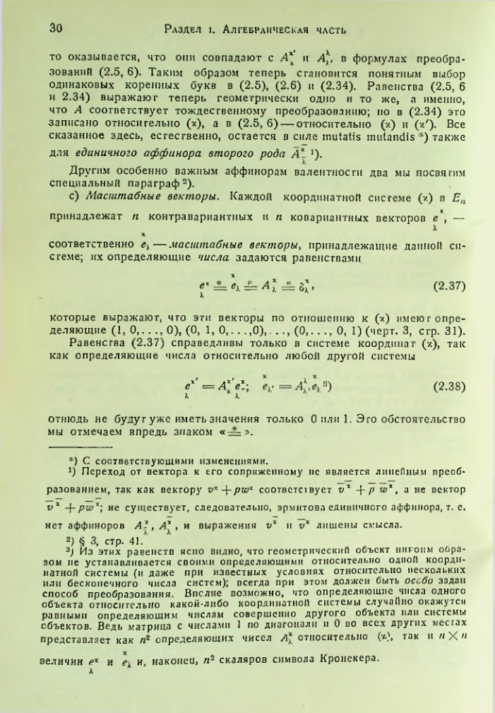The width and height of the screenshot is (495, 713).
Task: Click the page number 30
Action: click(x=58, y=28)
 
